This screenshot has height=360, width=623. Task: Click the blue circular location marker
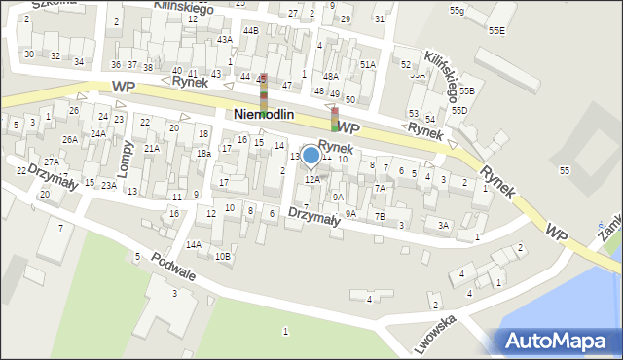pyautogui.click(x=311, y=155)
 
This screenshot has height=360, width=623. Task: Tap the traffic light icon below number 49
pyautogui.click(x=335, y=119)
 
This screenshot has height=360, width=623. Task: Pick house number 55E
pyautogui.click(x=496, y=31)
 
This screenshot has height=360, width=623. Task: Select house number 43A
pyautogui.click(x=225, y=40)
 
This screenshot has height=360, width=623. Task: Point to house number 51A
pyautogui.click(x=367, y=64)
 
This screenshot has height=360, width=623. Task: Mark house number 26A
pyautogui.click(x=70, y=139)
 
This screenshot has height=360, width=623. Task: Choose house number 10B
pyautogui.click(x=223, y=256)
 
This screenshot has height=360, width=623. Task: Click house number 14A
pyautogui.click(x=194, y=244)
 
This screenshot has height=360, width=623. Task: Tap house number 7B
pyautogui.click(x=380, y=216)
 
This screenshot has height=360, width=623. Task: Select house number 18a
pyautogui.click(x=202, y=154)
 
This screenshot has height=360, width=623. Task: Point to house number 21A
pyautogui.click(x=151, y=148)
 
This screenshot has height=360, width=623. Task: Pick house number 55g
pyautogui.click(x=457, y=10)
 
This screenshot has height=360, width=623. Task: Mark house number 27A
pyautogui.click(x=52, y=162)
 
